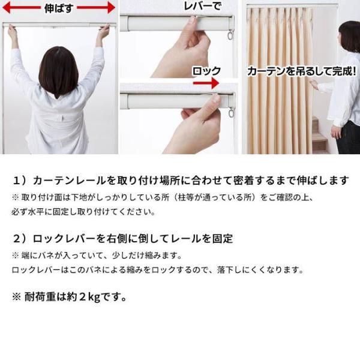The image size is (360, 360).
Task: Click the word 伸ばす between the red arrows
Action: pyautogui.click(x=59, y=8)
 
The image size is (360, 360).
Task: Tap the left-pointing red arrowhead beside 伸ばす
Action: pyautogui.click(x=7, y=8)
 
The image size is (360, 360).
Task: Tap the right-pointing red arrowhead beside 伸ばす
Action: pyautogui.click(x=111, y=8)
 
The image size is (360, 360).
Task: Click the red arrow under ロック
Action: pyautogui.click(x=206, y=83)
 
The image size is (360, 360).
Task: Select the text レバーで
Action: pyautogui.click(x=203, y=7)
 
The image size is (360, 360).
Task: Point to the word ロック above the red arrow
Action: pyautogui.click(x=206, y=71)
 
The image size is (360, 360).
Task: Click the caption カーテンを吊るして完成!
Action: pyautogui.click(x=301, y=71)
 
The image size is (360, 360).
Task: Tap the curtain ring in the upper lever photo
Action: pyautogui.click(x=230, y=35)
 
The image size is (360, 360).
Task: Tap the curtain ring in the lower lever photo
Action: pyautogui.click(x=232, y=113)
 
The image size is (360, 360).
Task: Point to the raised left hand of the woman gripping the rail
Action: pyautogui.click(x=13, y=31)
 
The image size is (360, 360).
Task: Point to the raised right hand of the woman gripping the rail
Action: pyautogui.click(x=104, y=31)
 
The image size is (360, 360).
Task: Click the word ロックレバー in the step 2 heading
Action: pyautogui.click(x=64, y=239)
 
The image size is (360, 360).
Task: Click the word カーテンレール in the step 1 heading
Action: pyautogui.click(x=70, y=181)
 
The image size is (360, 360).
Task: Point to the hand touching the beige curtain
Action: pyautogui.click(x=315, y=85)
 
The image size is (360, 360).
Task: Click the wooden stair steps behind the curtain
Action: pyautogui.click(x=320, y=136)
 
